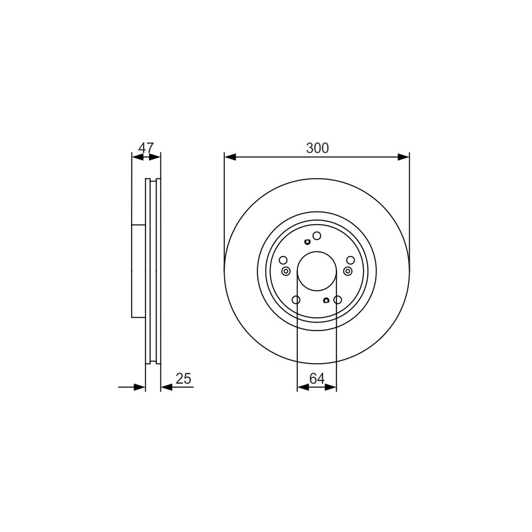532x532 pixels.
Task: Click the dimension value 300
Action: (317, 148)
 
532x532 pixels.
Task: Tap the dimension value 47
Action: (146, 148)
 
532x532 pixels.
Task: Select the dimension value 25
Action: (184, 378)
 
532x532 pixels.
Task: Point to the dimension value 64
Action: (317, 378)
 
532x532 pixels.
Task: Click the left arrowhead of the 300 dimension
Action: (230, 157)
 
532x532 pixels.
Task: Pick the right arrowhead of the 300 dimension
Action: (404, 157)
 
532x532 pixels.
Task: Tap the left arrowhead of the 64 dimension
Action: (303, 387)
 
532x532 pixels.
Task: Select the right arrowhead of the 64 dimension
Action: (331, 387)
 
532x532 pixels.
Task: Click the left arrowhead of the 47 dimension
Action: (138, 157)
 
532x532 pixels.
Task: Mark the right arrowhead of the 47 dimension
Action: (155, 157)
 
